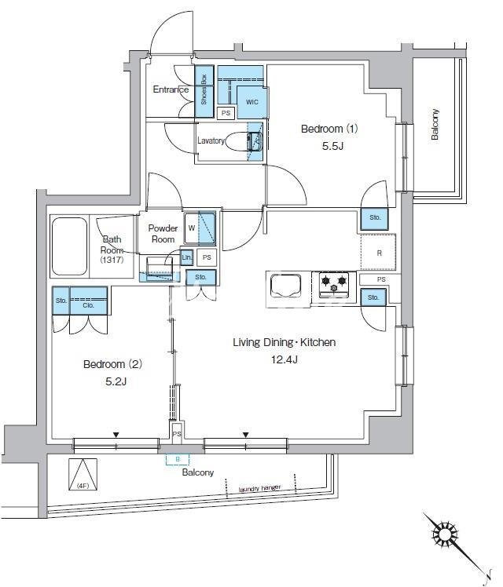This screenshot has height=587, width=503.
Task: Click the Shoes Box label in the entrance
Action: click(204, 89)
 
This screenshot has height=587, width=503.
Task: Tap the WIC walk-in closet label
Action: click(252, 102)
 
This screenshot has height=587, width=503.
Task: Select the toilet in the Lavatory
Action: click(244, 142)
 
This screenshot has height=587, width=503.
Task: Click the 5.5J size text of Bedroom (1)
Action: click(332, 146)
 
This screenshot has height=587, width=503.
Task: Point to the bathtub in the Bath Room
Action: click(69, 246)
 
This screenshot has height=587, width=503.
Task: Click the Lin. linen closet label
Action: click(186, 257)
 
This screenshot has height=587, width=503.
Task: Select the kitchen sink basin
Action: click(285, 286)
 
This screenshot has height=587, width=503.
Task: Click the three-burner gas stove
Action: click(333, 285)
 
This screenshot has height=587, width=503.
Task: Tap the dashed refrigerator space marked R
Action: click(378, 252)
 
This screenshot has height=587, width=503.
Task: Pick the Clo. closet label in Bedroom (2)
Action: click(89, 305)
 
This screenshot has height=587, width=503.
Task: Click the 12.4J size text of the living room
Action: click(285, 359)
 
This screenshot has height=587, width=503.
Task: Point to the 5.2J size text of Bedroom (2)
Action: click(116, 381)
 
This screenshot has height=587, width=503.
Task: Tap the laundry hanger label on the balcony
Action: click(259, 489)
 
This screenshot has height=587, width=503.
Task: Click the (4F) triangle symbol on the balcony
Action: click(83, 474)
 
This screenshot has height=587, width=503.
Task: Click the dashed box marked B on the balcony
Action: click(178, 459)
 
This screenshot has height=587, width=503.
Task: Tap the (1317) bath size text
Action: click(112, 260)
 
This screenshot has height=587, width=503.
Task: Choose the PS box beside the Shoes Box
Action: click(226, 113)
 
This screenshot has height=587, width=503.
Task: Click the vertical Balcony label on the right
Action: click(435, 124)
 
